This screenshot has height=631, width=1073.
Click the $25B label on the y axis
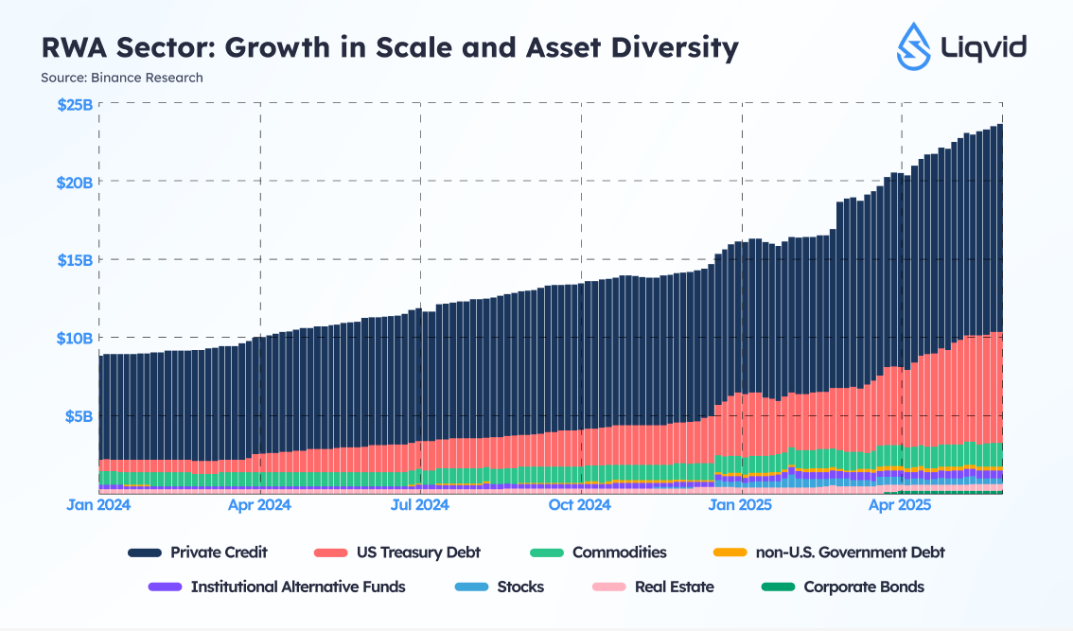point(75,104)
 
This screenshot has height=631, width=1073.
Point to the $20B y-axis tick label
point(75,182)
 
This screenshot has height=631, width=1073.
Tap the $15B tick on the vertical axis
point(76,260)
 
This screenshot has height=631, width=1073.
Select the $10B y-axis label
point(76,338)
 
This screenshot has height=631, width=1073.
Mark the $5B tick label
point(79,415)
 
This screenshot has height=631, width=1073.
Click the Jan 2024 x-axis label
point(98,505)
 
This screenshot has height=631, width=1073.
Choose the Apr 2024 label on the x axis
point(259,505)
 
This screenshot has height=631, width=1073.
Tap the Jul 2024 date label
point(419,505)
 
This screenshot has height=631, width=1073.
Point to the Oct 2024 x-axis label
point(580,505)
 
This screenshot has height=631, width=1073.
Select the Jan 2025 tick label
point(741,505)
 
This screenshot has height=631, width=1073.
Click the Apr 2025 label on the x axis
point(902,505)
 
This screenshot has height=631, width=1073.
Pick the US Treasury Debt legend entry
point(419,552)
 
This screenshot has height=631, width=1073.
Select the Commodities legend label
point(619,552)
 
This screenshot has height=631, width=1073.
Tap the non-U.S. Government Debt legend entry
point(850,552)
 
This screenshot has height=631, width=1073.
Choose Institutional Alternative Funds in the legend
point(298,587)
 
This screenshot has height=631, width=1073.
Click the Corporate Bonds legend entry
point(864,587)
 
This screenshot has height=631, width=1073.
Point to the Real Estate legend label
point(674,587)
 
